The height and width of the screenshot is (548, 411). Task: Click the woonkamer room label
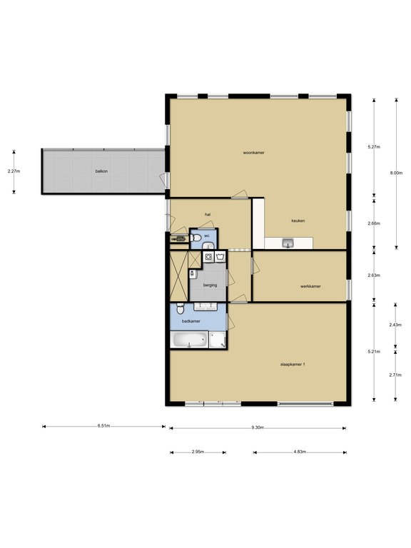254,153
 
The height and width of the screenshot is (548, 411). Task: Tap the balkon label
101,171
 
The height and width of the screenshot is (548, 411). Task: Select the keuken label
298,220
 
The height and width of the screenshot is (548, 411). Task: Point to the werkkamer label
310,286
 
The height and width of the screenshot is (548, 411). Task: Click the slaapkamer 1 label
293,364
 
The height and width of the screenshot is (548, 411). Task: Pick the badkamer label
191,321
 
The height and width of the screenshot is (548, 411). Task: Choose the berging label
210,285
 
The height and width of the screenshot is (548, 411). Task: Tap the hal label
208,215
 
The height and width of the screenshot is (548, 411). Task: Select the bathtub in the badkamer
189,340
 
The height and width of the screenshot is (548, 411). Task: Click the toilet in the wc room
196,238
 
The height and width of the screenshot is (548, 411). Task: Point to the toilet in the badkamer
180,308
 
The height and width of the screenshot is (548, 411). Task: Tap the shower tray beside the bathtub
218,340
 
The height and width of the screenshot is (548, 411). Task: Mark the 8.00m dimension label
396,173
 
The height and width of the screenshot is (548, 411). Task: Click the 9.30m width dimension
258,427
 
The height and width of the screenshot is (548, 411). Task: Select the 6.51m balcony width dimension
103,426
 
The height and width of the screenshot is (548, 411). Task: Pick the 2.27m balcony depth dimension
14,171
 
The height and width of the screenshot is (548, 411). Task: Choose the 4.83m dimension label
300,452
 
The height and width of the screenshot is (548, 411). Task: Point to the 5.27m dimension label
374,147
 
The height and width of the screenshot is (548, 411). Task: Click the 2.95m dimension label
198,452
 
